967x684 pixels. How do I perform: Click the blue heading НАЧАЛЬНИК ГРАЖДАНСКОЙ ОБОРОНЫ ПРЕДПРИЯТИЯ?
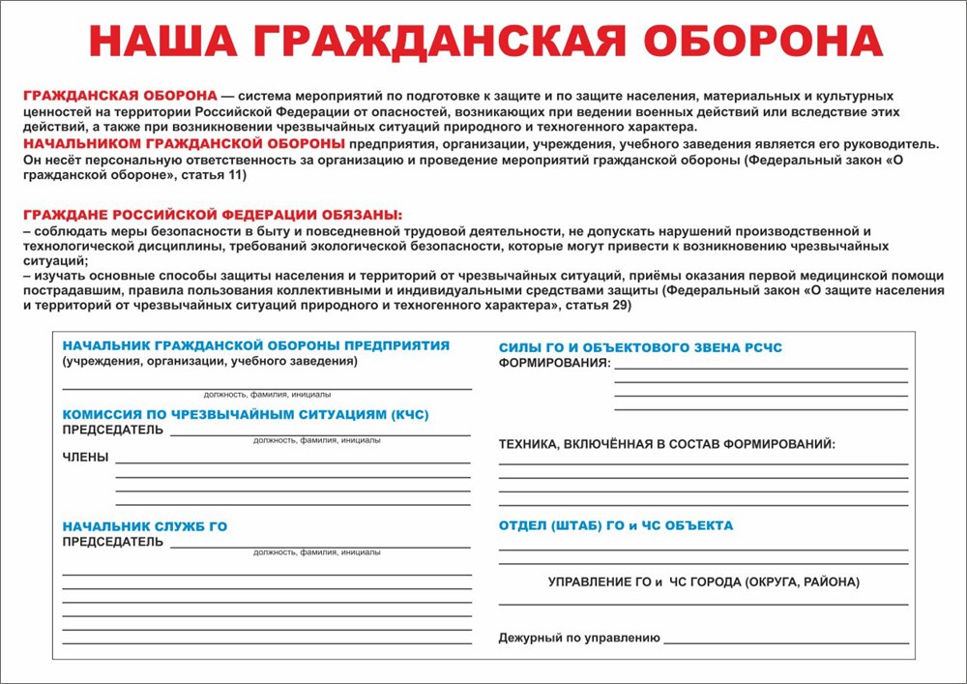(255, 345)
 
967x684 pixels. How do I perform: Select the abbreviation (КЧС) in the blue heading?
(410, 415)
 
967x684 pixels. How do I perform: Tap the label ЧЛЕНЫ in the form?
(85, 457)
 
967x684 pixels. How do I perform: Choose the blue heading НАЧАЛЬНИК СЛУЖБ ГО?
(144, 526)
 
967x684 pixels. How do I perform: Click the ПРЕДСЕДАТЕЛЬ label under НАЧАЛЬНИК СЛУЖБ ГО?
(113, 542)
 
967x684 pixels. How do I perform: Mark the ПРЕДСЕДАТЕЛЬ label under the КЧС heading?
(113, 430)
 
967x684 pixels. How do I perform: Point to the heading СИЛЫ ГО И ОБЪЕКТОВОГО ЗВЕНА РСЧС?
(640, 347)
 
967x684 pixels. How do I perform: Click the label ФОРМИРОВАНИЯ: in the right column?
(554, 363)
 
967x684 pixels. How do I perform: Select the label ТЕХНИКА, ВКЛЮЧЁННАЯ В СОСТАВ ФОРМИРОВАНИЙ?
(666, 444)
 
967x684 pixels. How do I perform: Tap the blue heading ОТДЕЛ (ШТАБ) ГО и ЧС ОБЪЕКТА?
(615, 525)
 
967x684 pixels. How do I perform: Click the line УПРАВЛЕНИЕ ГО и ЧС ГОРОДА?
(703, 582)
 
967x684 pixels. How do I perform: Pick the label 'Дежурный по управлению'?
(579, 638)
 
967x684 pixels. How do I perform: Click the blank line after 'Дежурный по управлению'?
(785, 641)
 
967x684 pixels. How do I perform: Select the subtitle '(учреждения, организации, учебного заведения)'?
(209, 361)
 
